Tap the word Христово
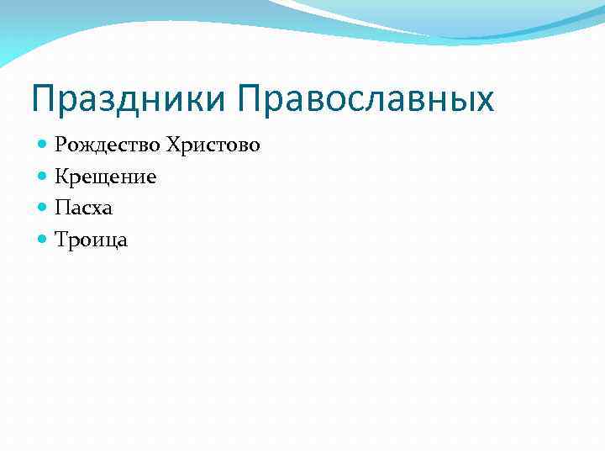[213, 145]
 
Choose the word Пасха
[83, 208]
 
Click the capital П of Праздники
[44, 98]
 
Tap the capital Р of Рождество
[60, 145]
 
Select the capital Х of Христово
[173, 145]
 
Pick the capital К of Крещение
[61, 177]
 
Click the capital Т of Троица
[61, 240]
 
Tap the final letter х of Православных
[485, 102]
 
